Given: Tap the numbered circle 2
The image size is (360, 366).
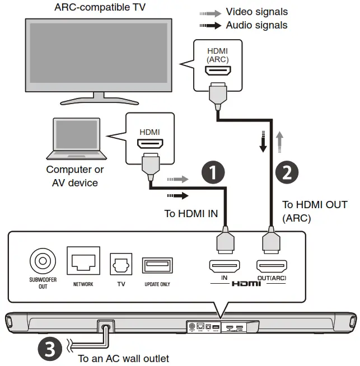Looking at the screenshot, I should pyautogui.click(x=286, y=172).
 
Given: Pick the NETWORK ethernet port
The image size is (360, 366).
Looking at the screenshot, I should pyautogui.click(x=83, y=261).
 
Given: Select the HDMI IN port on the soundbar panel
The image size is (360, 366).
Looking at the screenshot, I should pyautogui.click(x=224, y=265).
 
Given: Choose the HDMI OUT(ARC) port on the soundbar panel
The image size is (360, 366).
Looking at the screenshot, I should pyautogui.click(x=271, y=265).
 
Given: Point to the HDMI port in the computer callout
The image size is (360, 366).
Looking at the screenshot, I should pyautogui.click(x=149, y=144).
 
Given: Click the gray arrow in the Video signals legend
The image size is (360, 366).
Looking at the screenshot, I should pyautogui.click(x=210, y=12).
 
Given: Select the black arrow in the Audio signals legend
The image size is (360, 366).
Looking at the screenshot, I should pyautogui.click(x=210, y=25).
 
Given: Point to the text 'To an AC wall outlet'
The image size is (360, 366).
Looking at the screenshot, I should pyautogui.click(x=123, y=358).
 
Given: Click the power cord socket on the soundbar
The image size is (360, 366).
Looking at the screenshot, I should pyautogui.click(x=104, y=325).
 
